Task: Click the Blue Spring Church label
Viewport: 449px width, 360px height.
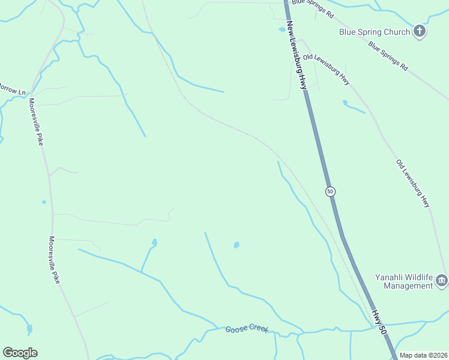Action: (375, 32)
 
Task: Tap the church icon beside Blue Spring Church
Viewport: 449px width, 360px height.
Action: (420, 31)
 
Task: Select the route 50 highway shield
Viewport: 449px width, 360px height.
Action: (330, 191)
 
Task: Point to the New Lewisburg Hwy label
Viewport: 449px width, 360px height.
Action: (297, 56)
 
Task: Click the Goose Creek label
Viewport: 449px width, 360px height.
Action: (247, 329)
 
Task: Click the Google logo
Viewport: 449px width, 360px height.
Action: (20, 352)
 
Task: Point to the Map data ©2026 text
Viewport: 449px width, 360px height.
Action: (424, 355)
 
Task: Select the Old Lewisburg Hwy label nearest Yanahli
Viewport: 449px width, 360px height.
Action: (413, 183)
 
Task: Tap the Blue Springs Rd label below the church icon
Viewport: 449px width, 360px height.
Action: (388, 56)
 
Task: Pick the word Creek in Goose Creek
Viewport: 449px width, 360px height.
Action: (256, 330)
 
